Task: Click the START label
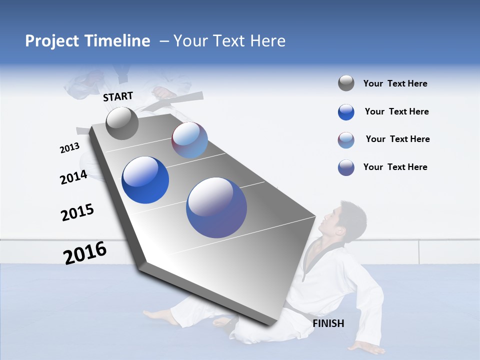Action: (x=118, y=96)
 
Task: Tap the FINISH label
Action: (x=328, y=323)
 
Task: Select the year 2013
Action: (x=69, y=148)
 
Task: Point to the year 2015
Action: (x=77, y=213)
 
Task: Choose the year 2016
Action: (x=85, y=253)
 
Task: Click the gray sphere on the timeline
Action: (x=122, y=123)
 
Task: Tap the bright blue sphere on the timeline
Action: (x=145, y=180)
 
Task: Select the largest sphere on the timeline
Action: (x=216, y=207)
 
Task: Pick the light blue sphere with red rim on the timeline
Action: (x=189, y=140)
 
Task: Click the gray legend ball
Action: (x=346, y=83)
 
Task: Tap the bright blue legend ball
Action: (x=346, y=112)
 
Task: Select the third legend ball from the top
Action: (x=346, y=140)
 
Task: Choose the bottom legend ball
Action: (x=346, y=167)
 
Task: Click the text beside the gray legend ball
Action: (x=395, y=83)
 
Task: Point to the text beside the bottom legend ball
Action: (x=395, y=167)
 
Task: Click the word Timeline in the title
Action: (x=117, y=41)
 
